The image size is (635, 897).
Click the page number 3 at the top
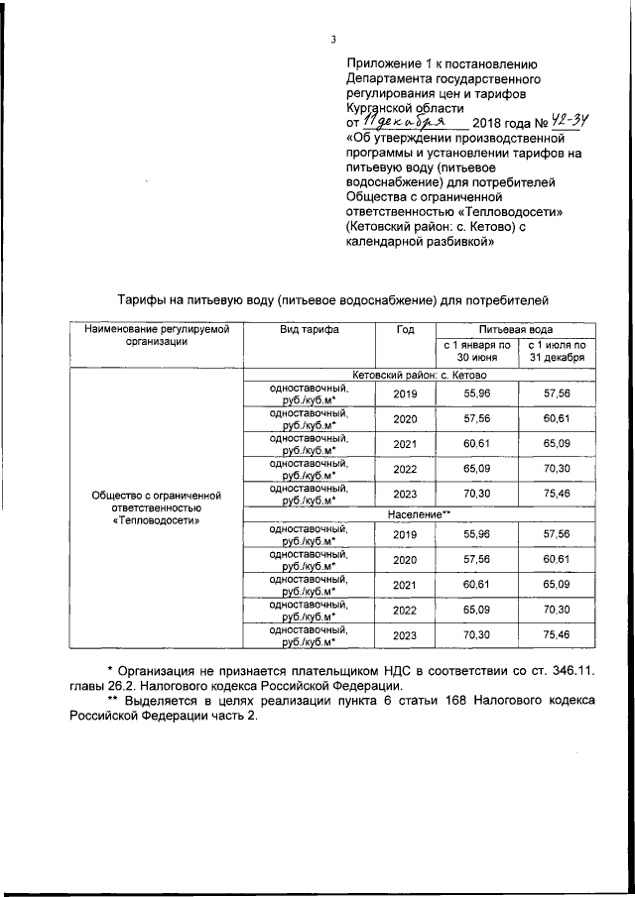(x=333, y=40)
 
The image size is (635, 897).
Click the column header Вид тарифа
(x=309, y=330)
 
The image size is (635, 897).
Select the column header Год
(x=404, y=330)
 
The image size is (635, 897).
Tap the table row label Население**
(x=418, y=515)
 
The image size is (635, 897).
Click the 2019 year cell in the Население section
(x=404, y=534)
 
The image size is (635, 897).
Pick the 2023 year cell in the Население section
(x=404, y=636)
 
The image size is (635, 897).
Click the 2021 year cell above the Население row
(x=404, y=444)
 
